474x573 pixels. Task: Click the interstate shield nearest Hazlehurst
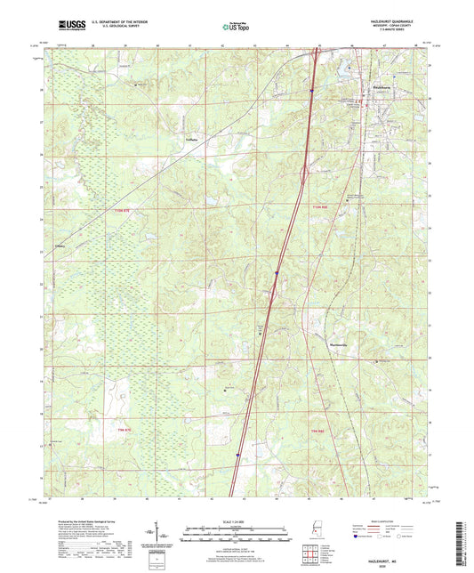point(312,90)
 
